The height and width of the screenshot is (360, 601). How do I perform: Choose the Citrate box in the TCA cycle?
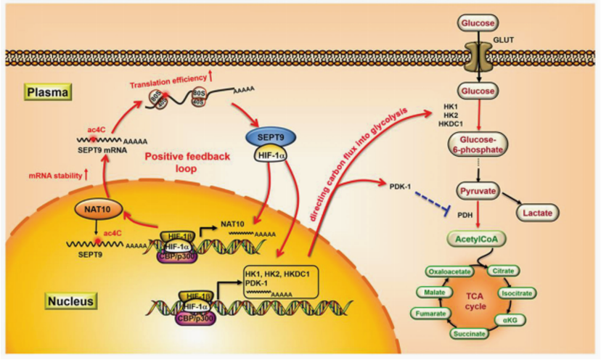pyautogui.click(x=504, y=271)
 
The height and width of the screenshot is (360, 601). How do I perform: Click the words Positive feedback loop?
pyautogui.click(x=179, y=163)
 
